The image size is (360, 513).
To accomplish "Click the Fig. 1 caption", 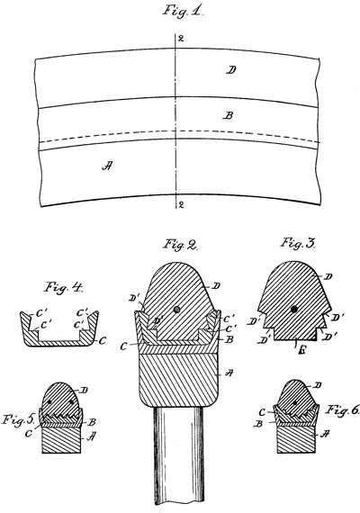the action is click(184, 11).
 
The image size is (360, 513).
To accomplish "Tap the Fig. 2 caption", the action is click(181, 245).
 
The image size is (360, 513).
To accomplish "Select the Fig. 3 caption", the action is click(298, 243).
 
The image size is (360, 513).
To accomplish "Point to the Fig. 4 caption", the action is click(64, 287).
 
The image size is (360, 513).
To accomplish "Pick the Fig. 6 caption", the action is click(342, 409).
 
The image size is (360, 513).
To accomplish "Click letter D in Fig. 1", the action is click(231, 69).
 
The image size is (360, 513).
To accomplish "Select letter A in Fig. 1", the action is click(107, 166).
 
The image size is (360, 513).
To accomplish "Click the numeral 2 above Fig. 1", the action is click(181, 39).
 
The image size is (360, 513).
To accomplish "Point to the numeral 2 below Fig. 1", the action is click(181, 205).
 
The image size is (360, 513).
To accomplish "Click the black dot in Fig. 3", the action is click(294, 309).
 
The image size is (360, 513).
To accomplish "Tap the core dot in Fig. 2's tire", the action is click(177, 310).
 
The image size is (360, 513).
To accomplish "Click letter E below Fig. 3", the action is click(303, 352).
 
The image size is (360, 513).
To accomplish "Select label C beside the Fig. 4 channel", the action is click(103, 341).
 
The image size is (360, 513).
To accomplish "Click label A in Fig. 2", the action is click(229, 373).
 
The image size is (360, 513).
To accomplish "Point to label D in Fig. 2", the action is click(216, 286).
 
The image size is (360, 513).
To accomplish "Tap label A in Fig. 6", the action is click(325, 434).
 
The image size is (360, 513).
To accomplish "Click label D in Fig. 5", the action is click(84, 390).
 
